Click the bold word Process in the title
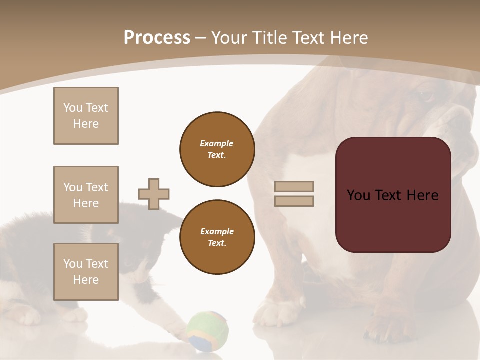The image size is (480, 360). click(x=157, y=37)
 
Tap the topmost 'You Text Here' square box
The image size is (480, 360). click(x=86, y=116)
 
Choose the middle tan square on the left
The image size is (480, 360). click(x=86, y=195)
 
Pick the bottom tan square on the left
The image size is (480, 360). click(x=86, y=272)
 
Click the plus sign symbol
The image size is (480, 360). click(x=154, y=194)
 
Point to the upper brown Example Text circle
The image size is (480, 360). click(x=217, y=149)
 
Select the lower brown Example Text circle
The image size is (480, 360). click(x=217, y=237)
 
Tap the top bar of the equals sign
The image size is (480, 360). click(x=294, y=186)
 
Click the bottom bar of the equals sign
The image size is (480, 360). click(x=294, y=201)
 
